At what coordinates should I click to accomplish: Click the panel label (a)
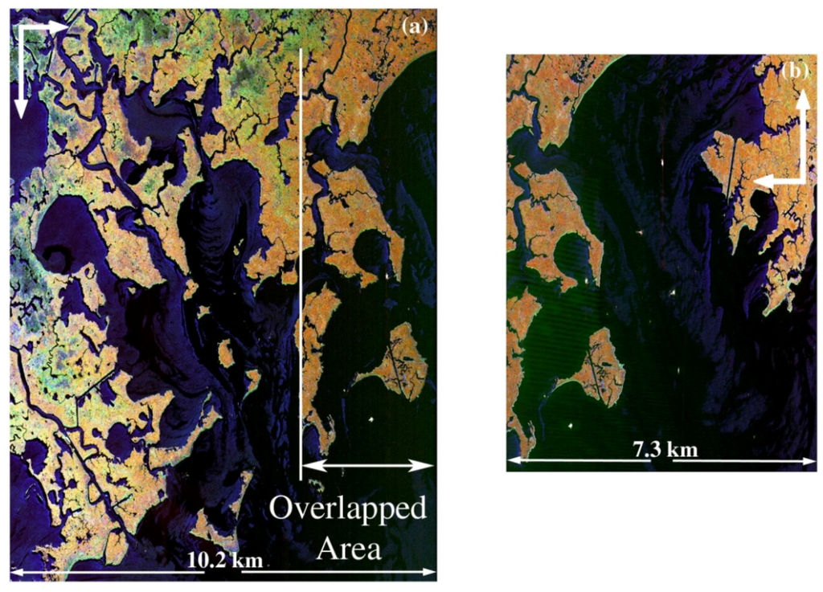415,27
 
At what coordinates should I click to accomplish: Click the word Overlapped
347,510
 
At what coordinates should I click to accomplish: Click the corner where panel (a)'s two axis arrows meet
21,26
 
